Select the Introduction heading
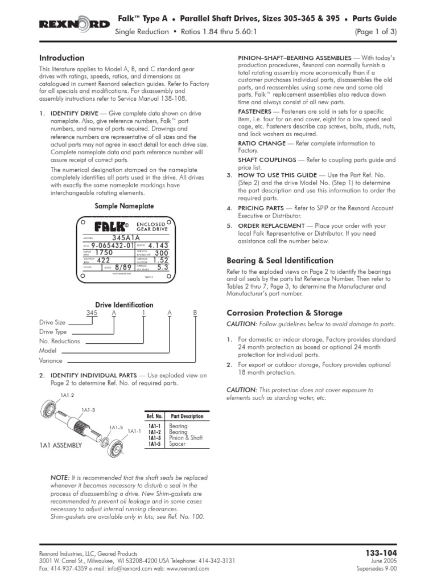(61, 58)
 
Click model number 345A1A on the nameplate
(126, 237)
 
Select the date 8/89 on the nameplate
(123, 266)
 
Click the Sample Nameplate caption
(125, 206)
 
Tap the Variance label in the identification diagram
(51, 360)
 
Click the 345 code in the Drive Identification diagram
(92, 313)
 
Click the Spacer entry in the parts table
(178, 444)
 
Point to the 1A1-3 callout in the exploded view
(88, 409)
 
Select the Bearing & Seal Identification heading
(280, 260)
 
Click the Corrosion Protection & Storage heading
(285, 313)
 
